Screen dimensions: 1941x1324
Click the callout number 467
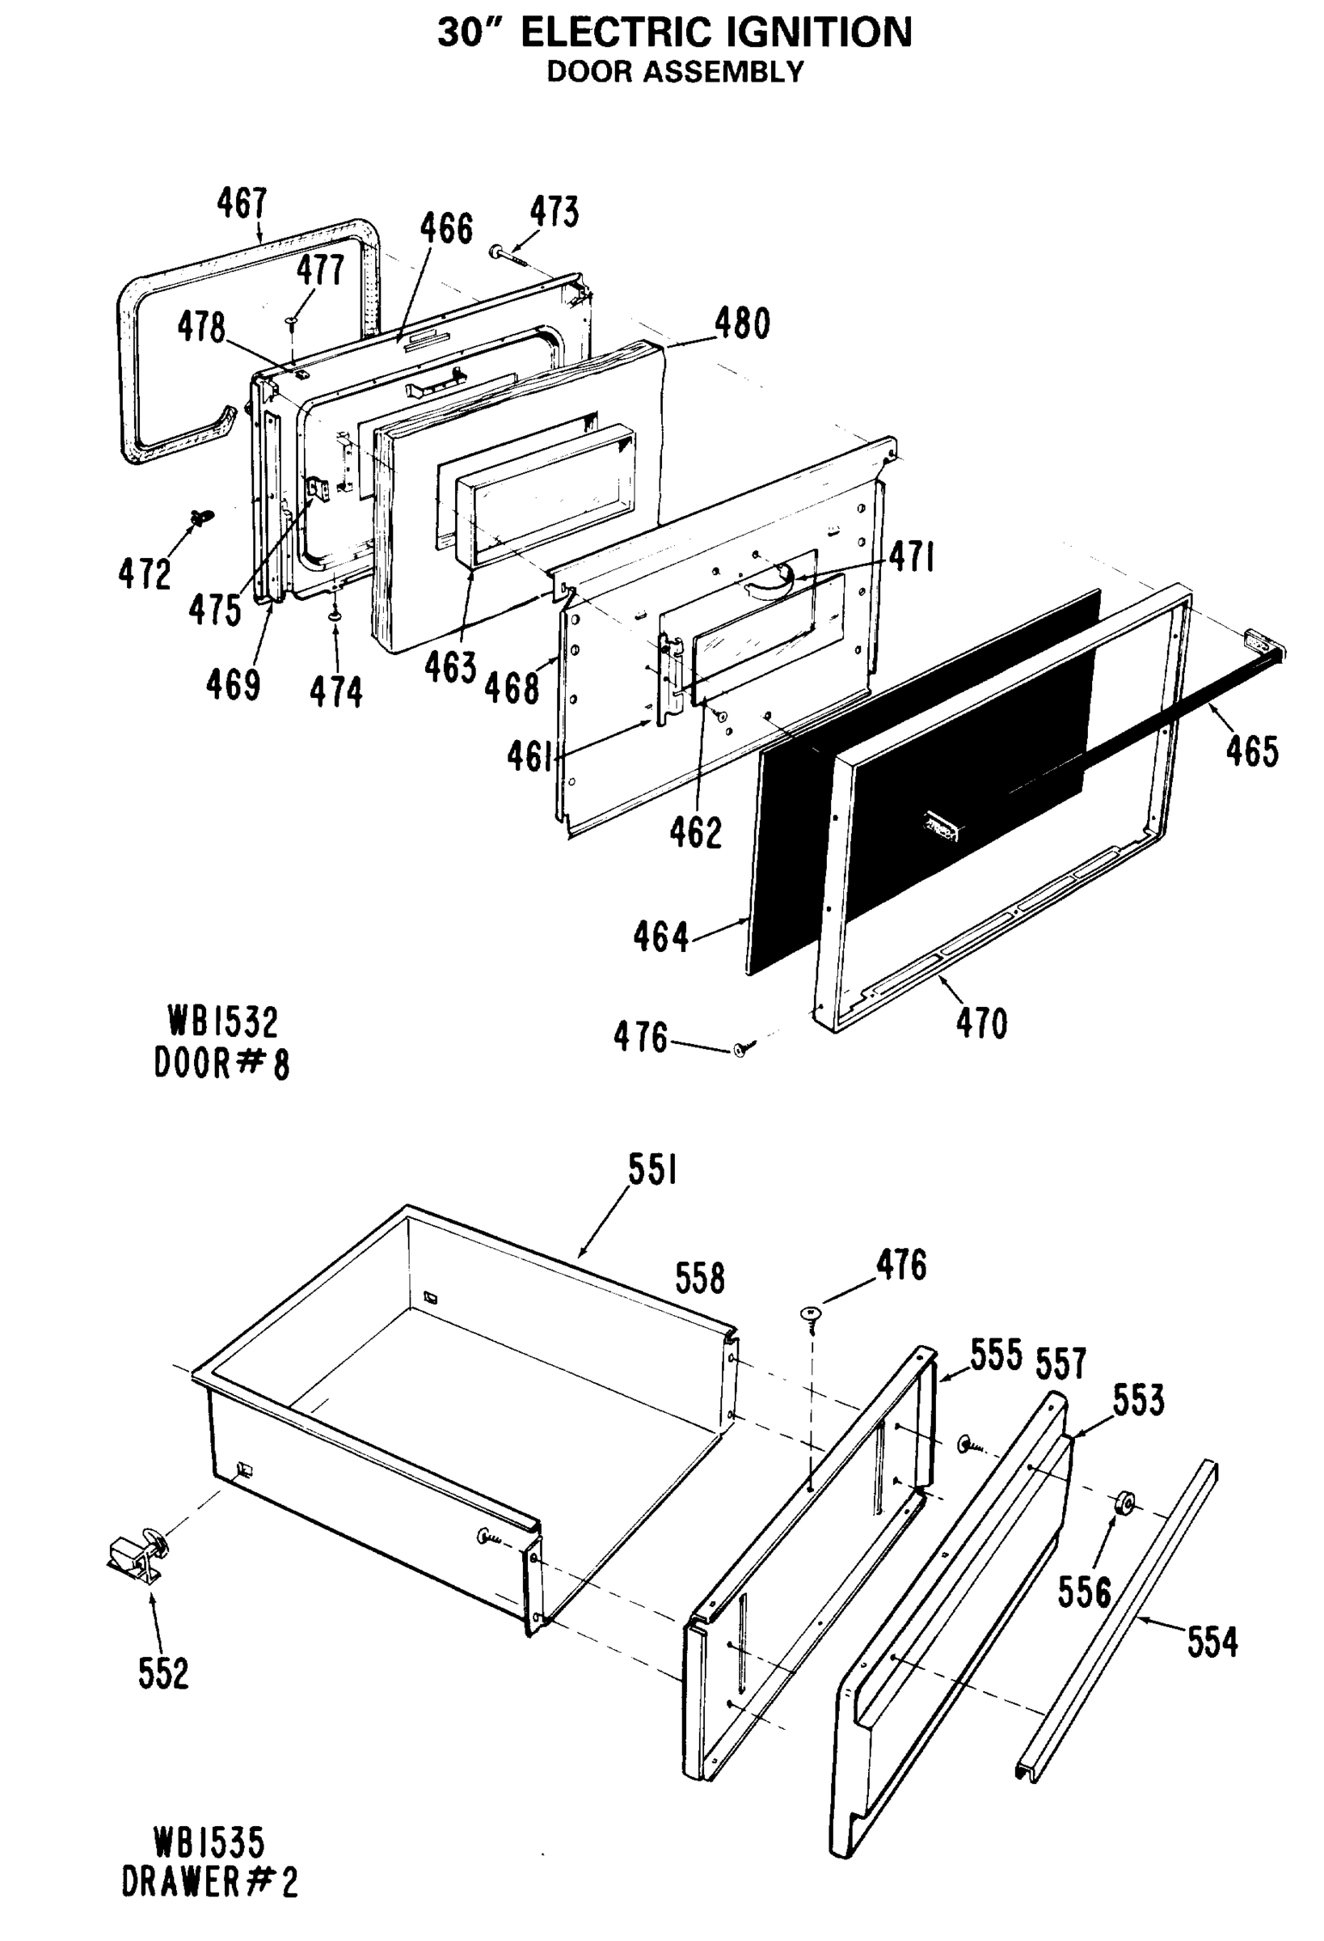(x=242, y=203)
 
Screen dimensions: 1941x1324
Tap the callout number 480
(x=741, y=324)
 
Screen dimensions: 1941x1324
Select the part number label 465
(x=1251, y=751)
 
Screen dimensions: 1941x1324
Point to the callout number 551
(x=652, y=1171)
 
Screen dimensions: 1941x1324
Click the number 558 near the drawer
(x=699, y=1279)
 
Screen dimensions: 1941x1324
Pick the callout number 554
(x=1212, y=1642)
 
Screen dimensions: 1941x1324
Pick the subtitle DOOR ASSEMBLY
(x=674, y=73)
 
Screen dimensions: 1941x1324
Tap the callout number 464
(x=660, y=937)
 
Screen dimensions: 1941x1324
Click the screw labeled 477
(x=291, y=321)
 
